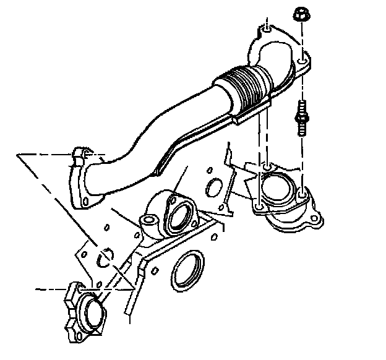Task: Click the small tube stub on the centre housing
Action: pyautogui.click(x=148, y=221)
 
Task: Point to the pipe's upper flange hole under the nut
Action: pyautogui.click(x=301, y=62)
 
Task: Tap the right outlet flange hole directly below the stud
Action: pyautogui.click(x=301, y=196)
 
